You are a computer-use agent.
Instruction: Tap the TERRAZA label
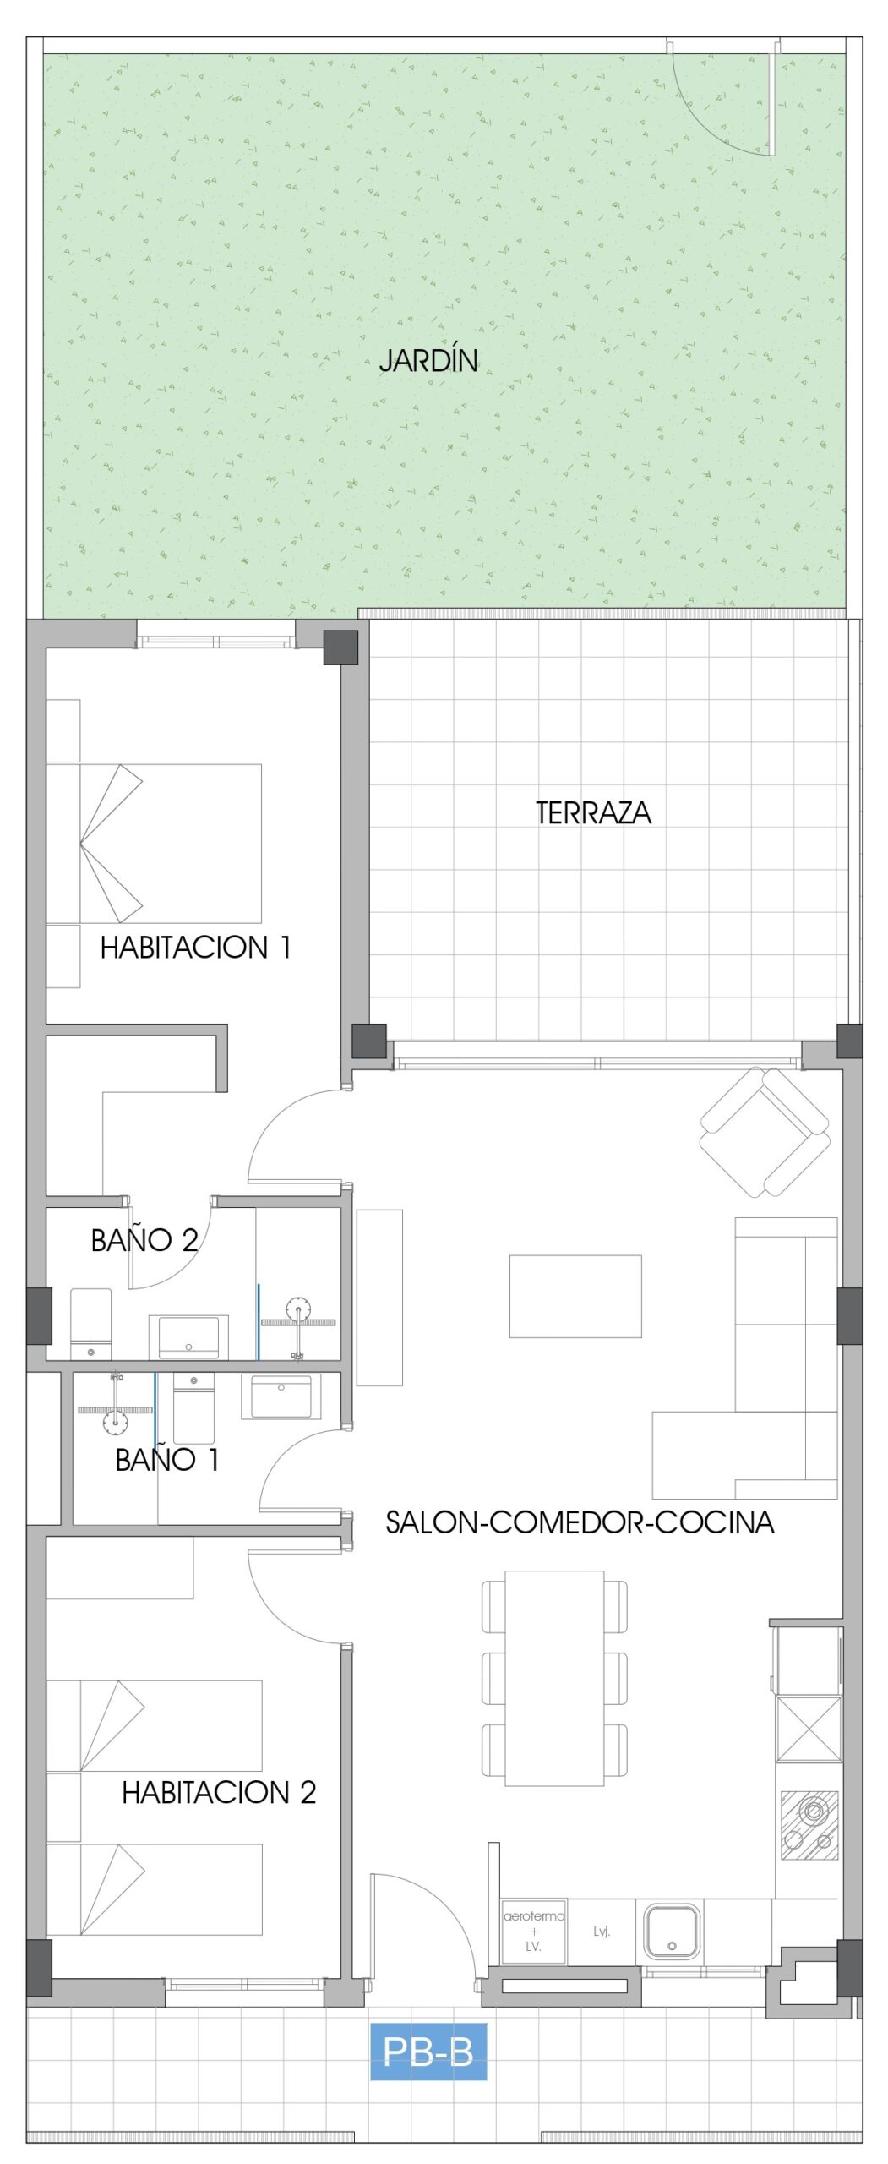pos(593,812)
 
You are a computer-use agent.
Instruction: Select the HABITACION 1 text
pos(195,947)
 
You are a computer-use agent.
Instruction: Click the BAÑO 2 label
pos(144,1239)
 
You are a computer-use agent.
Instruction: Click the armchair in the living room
pos(765,1132)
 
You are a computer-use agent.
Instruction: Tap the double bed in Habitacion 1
pos(154,843)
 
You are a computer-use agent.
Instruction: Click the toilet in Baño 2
pos(90,1323)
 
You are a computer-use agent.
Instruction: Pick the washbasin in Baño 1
pos(281,1396)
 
